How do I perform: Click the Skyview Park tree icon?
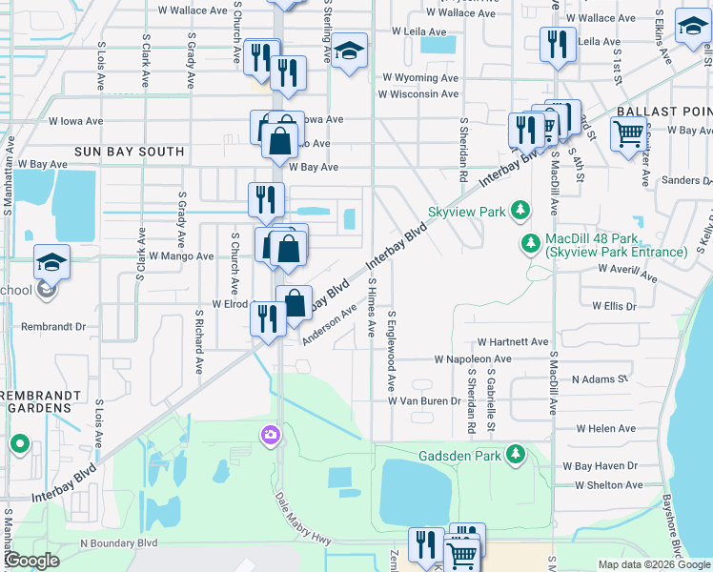click(x=519, y=210)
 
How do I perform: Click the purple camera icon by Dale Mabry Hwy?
click(x=270, y=435)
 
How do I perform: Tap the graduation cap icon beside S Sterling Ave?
click(x=350, y=53)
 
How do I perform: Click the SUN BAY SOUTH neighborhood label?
click(x=130, y=152)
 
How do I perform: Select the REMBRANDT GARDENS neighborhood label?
click(x=36, y=400)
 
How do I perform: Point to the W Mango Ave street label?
click(x=177, y=256)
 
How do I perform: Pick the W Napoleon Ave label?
click(x=473, y=359)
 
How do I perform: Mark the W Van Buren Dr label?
click(x=424, y=401)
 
